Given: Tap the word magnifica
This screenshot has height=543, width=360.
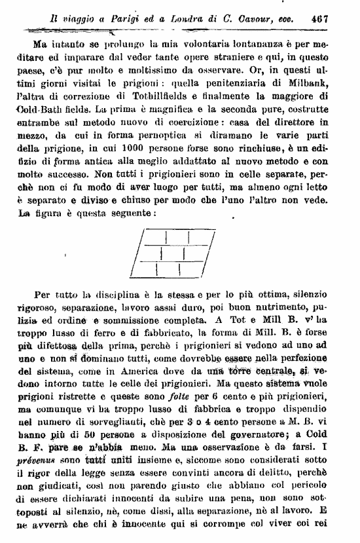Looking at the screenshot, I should [x=200, y=112].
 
